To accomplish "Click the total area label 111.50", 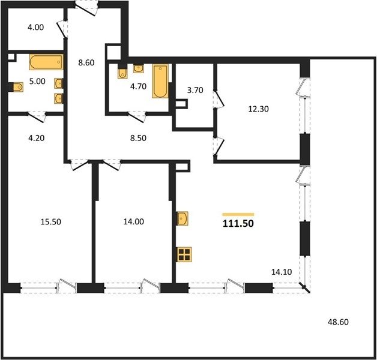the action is (x=238, y=223).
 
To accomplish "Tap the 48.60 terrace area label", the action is (x=338, y=322).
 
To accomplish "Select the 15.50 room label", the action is (x=51, y=221).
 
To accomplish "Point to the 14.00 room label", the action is (x=134, y=221).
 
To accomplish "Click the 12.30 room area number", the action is (x=259, y=109).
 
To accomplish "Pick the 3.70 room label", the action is (x=195, y=90).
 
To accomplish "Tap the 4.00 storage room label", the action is (x=36, y=27).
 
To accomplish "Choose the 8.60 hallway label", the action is (x=86, y=62).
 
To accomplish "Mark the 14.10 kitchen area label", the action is (x=282, y=272).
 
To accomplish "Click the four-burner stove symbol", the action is (x=184, y=254).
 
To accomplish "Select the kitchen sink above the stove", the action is (x=182, y=218).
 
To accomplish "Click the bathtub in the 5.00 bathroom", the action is (x=46, y=62).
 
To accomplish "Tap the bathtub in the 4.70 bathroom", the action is (x=160, y=81).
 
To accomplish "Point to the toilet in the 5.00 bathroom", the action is (x=18, y=87).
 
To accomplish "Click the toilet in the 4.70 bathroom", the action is (x=122, y=73).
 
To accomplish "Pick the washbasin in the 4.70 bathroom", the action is (x=139, y=68).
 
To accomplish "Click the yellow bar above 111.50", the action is (x=238, y=214).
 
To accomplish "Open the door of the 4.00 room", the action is (x=62, y=29).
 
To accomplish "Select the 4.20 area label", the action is (x=37, y=138).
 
